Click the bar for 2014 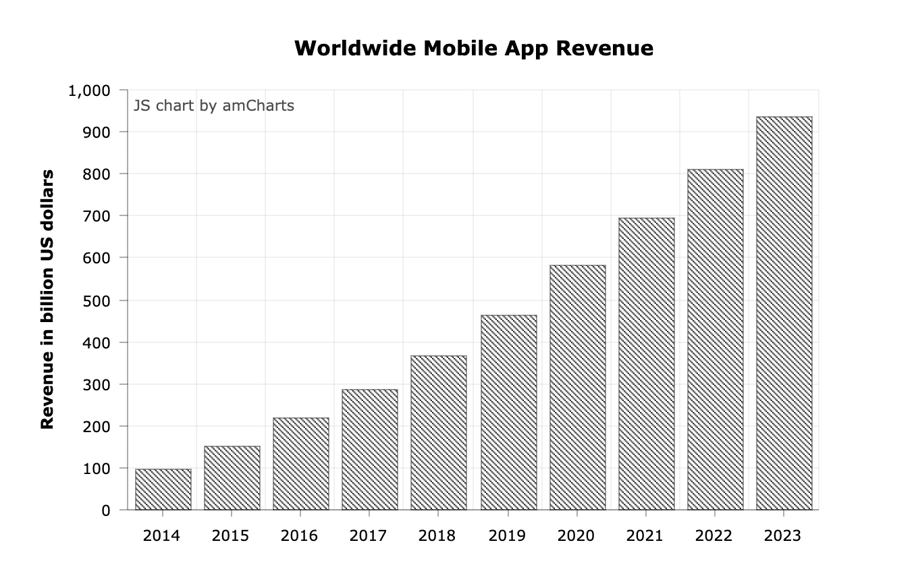pos(163,490)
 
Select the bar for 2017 pos(370,450)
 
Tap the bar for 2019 pos(509,413)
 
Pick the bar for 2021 pos(647,364)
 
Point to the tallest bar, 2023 pos(784,313)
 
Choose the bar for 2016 pos(301,464)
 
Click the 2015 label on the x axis pos(230,536)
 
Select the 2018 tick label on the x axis pos(437,536)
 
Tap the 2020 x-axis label pos(576,536)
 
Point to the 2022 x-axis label pos(714,536)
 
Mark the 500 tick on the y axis pos(97,300)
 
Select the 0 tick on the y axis pos(105,510)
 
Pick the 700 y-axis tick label pos(97,216)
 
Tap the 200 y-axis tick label pos(97,427)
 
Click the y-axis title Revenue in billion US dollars pos(47,299)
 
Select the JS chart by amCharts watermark pos(214,106)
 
